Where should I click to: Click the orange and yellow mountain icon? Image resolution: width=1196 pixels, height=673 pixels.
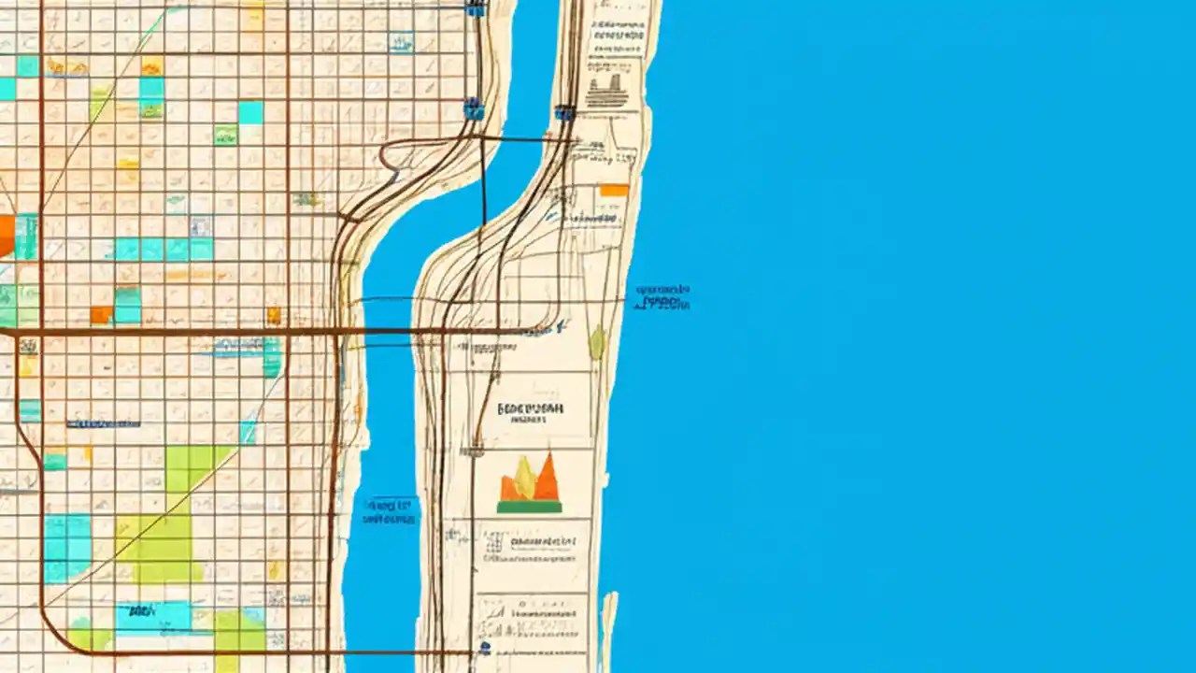(x=530, y=481)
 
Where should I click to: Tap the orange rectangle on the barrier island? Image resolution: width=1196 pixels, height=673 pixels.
(x=613, y=190)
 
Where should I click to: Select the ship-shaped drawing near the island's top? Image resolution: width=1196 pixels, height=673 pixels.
(x=606, y=92)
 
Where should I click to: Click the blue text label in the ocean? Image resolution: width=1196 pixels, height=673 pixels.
(x=662, y=297)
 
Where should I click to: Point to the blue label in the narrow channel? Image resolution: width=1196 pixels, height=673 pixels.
(x=390, y=510)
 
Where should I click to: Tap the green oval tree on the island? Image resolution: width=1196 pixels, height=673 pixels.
(x=596, y=343)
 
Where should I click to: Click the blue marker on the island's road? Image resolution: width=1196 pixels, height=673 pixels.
(x=563, y=113)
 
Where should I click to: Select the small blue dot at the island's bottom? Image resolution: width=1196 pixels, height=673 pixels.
(x=484, y=647)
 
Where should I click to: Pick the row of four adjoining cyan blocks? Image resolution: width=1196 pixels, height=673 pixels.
(x=164, y=249)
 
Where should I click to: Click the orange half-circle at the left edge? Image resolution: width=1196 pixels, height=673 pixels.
(x=6, y=235)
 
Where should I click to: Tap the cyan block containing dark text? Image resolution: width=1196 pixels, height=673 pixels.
(x=152, y=615)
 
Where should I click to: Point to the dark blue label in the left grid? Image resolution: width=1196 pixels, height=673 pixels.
(x=103, y=423)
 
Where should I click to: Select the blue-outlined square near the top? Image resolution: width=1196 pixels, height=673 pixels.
(x=402, y=41)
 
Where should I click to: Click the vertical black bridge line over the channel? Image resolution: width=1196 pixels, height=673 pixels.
(x=483, y=182)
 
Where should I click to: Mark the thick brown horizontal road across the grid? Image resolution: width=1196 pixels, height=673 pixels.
(x=187, y=331)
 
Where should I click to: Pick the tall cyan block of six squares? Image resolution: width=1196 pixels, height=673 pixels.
(x=67, y=548)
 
